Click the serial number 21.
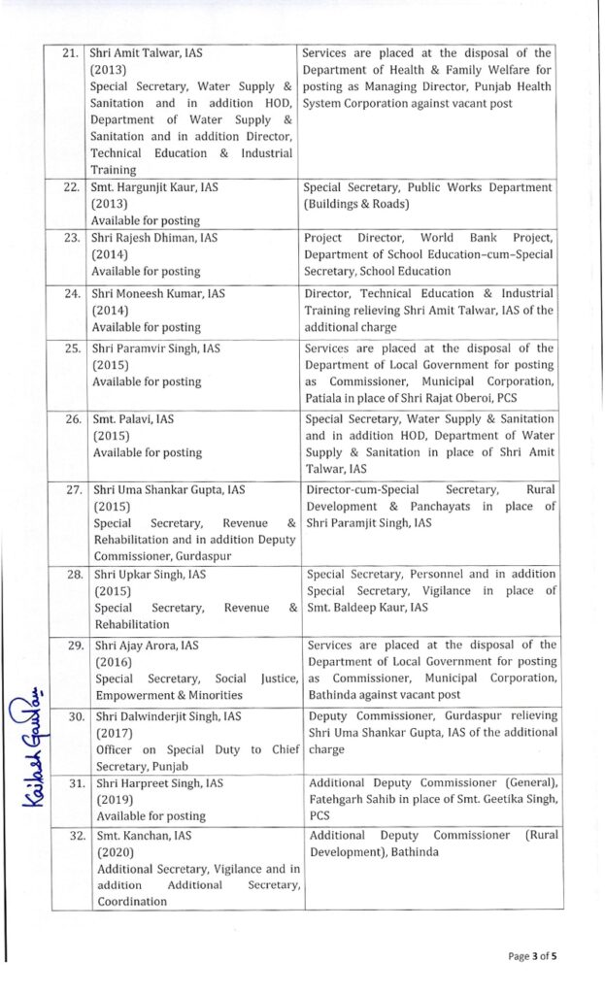(70, 53)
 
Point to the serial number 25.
(70, 347)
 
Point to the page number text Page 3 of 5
(533, 955)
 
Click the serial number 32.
(70, 834)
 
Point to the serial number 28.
(70, 574)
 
